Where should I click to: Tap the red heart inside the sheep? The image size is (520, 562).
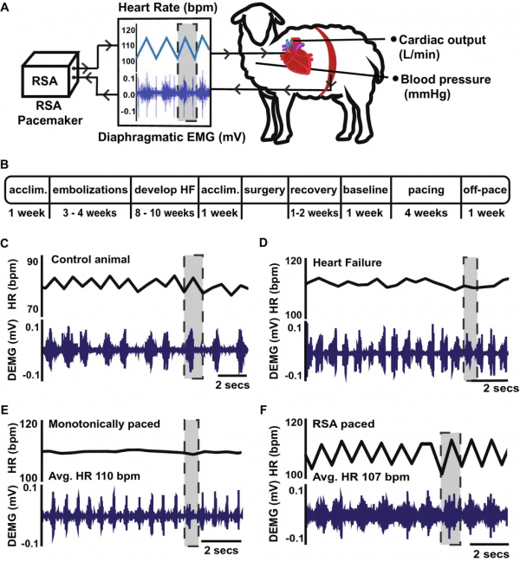tap(298, 56)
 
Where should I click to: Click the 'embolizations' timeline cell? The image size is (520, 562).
tap(90, 190)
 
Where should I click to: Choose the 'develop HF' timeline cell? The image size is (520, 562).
tap(165, 190)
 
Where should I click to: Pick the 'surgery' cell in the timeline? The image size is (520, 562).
tap(264, 190)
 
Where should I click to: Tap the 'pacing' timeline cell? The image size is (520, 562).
tap(426, 190)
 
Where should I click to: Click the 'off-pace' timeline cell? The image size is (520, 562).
tap(485, 190)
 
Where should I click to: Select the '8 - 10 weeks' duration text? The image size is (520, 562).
tap(165, 213)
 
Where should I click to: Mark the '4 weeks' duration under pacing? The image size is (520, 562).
tap(426, 213)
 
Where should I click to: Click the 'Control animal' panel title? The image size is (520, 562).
tap(90, 259)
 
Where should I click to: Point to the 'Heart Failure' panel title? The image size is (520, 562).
tap(348, 262)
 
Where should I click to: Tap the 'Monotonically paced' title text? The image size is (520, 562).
tap(104, 424)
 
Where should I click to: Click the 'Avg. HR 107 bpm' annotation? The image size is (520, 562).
tap(361, 477)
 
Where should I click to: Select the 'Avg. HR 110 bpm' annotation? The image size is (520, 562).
tap(94, 476)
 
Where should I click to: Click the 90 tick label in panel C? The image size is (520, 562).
tap(31, 262)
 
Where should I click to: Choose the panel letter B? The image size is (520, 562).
tap(4, 165)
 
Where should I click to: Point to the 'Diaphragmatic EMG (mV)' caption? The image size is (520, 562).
tap(172, 138)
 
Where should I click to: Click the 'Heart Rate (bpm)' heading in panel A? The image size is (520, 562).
tap(168, 9)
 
